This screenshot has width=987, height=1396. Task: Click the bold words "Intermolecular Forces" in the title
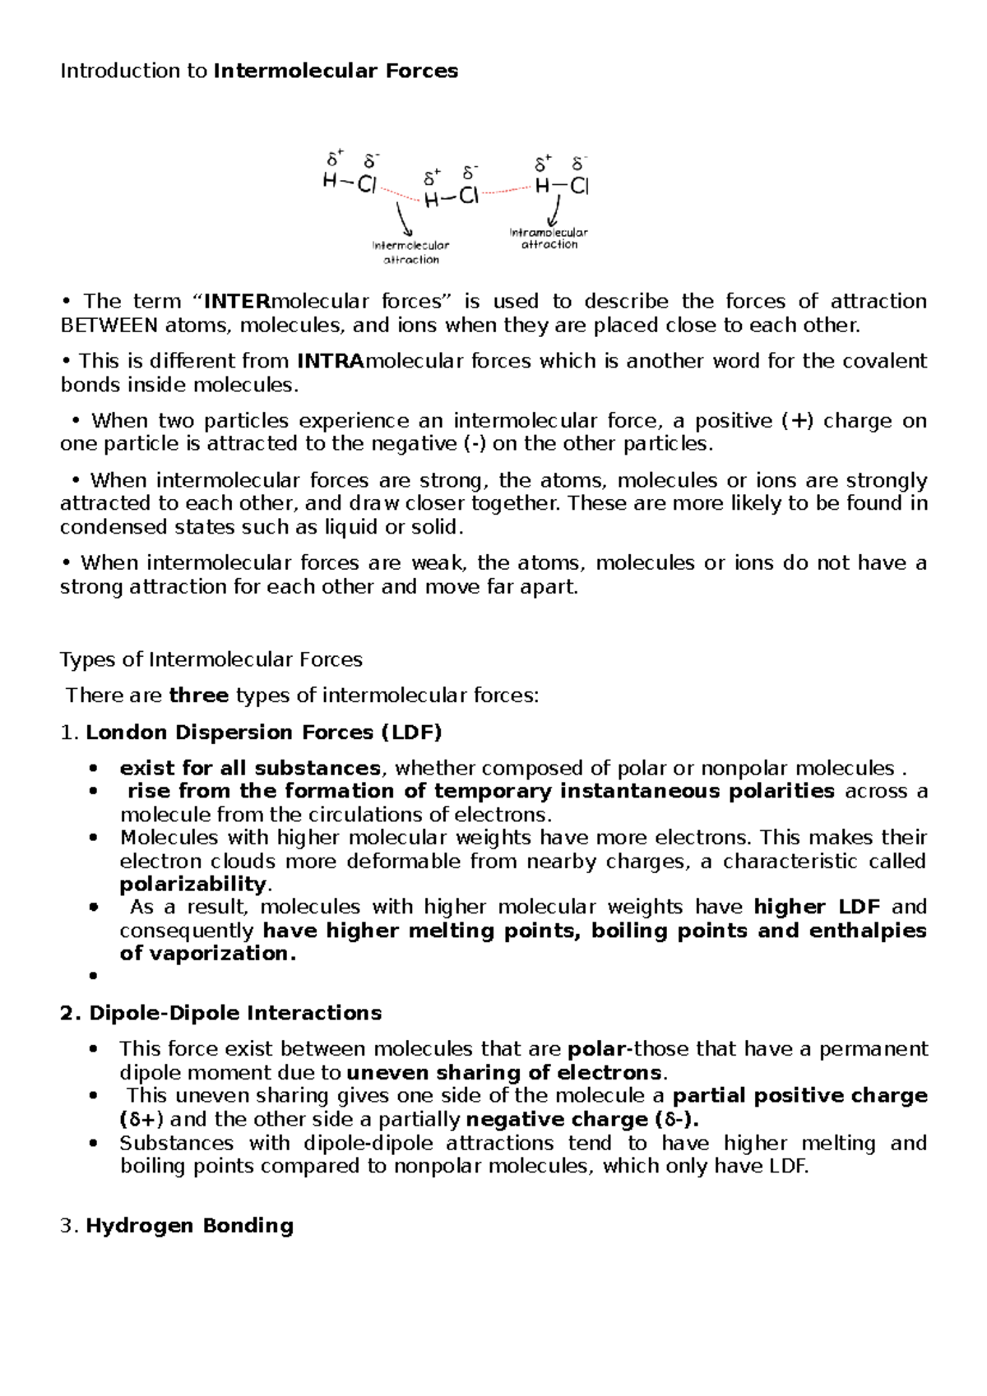pos(336,72)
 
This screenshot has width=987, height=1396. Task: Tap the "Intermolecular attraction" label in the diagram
pos(410,252)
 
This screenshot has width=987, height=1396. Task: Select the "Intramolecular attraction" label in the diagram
pos(549,238)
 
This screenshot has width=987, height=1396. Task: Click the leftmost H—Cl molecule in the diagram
pos(350,183)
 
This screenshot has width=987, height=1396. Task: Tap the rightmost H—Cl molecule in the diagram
pos(562,187)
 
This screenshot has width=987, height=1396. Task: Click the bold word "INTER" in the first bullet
pos(238,302)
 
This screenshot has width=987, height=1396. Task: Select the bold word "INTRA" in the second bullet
pos(330,361)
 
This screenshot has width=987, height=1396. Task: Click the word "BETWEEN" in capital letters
pos(109,326)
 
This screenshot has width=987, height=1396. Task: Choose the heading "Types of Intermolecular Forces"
pos(211,660)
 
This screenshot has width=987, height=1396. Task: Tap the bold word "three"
pos(198,696)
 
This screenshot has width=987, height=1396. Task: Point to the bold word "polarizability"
pos(193,885)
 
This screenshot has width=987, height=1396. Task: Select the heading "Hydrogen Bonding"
pos(189,1226)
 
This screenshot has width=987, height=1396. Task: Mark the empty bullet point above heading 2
pos(95,976)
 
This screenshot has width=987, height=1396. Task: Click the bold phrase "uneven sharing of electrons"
pos(504,1073)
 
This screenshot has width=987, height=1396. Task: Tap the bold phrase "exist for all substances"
pos(250,769)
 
